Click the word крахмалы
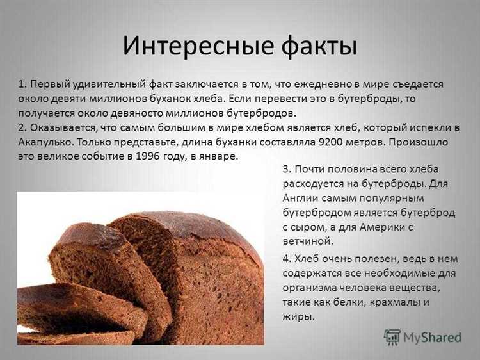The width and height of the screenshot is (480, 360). [396, 302]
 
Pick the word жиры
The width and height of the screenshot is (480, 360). [298, 316]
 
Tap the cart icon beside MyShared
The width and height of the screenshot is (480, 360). [392, 337]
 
